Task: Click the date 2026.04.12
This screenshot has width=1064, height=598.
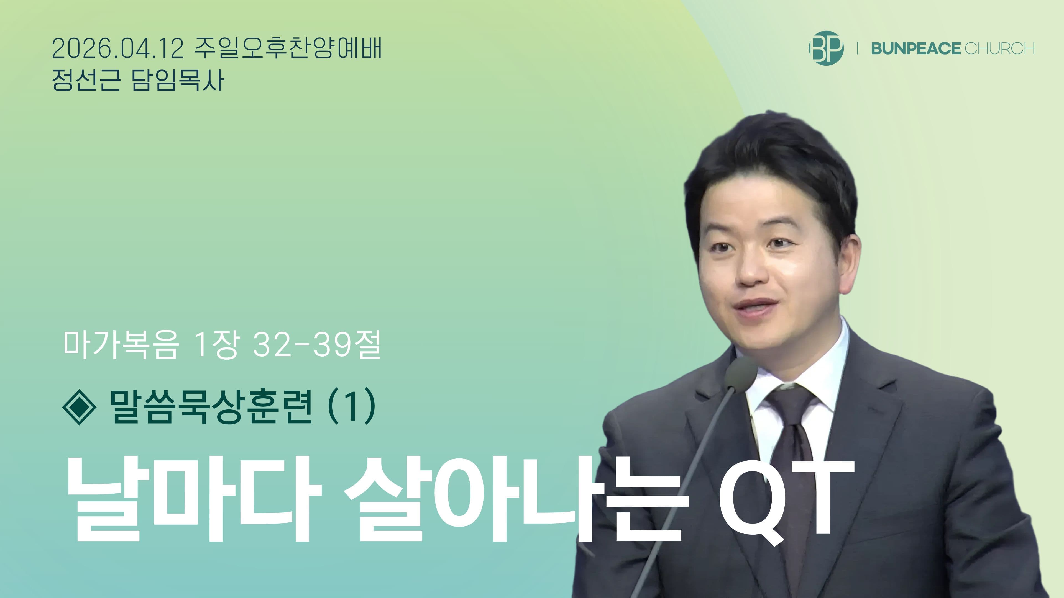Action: (118, 49)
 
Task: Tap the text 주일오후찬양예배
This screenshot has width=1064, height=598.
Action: (288, 49)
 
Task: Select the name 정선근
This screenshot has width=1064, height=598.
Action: (86, 80)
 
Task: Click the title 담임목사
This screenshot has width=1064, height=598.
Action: (178, 80)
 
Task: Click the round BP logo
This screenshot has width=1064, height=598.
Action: (826, 48)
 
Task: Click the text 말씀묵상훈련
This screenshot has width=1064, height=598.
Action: (211, 406)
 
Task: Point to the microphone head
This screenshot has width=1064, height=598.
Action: (741, 372)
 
